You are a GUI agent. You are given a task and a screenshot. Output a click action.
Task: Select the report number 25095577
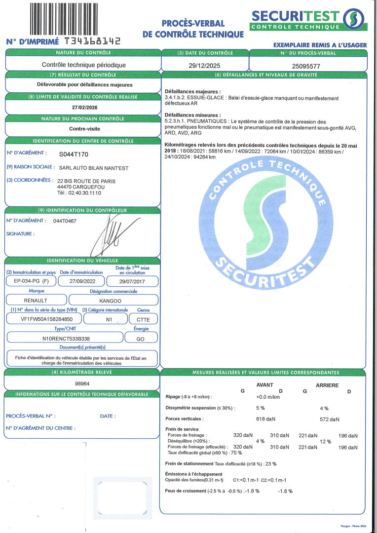pyautogui.click(x=306, y=65)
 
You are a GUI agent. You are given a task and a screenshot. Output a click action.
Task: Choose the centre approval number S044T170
pyautogui.click(x=74, y=154)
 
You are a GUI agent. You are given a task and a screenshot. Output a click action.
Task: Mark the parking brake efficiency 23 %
pyautogui.click(x=270, y=463)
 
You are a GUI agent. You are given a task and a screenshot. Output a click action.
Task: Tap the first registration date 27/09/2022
pyautogui.click(x=81, y=281)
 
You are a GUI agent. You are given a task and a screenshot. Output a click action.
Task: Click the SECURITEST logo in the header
pyautogui.click(x=308, y=19)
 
